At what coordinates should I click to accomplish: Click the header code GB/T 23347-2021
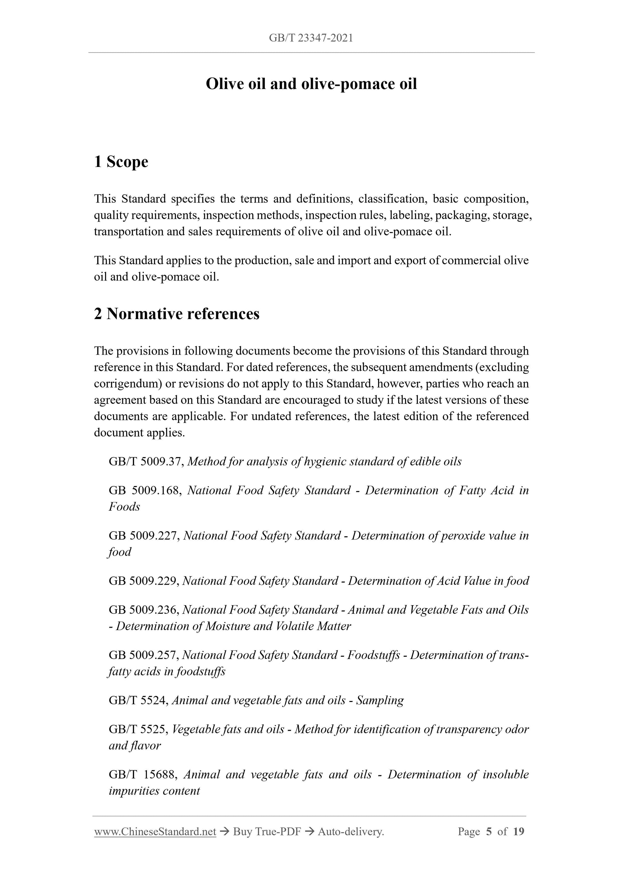tap(311, 38)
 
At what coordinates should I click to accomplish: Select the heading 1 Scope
tap(121, 162)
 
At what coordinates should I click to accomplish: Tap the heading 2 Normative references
tap(177, 314)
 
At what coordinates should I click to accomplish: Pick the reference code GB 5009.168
tap(145, 490)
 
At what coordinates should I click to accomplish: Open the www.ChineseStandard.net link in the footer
tap(155, 832)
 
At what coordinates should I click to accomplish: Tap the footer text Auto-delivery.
tap(351, 832)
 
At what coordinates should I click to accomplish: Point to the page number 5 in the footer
tap(489, 832)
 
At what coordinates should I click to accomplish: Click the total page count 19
tap(518, 832)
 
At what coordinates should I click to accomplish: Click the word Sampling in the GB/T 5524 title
tap(380, 700)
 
